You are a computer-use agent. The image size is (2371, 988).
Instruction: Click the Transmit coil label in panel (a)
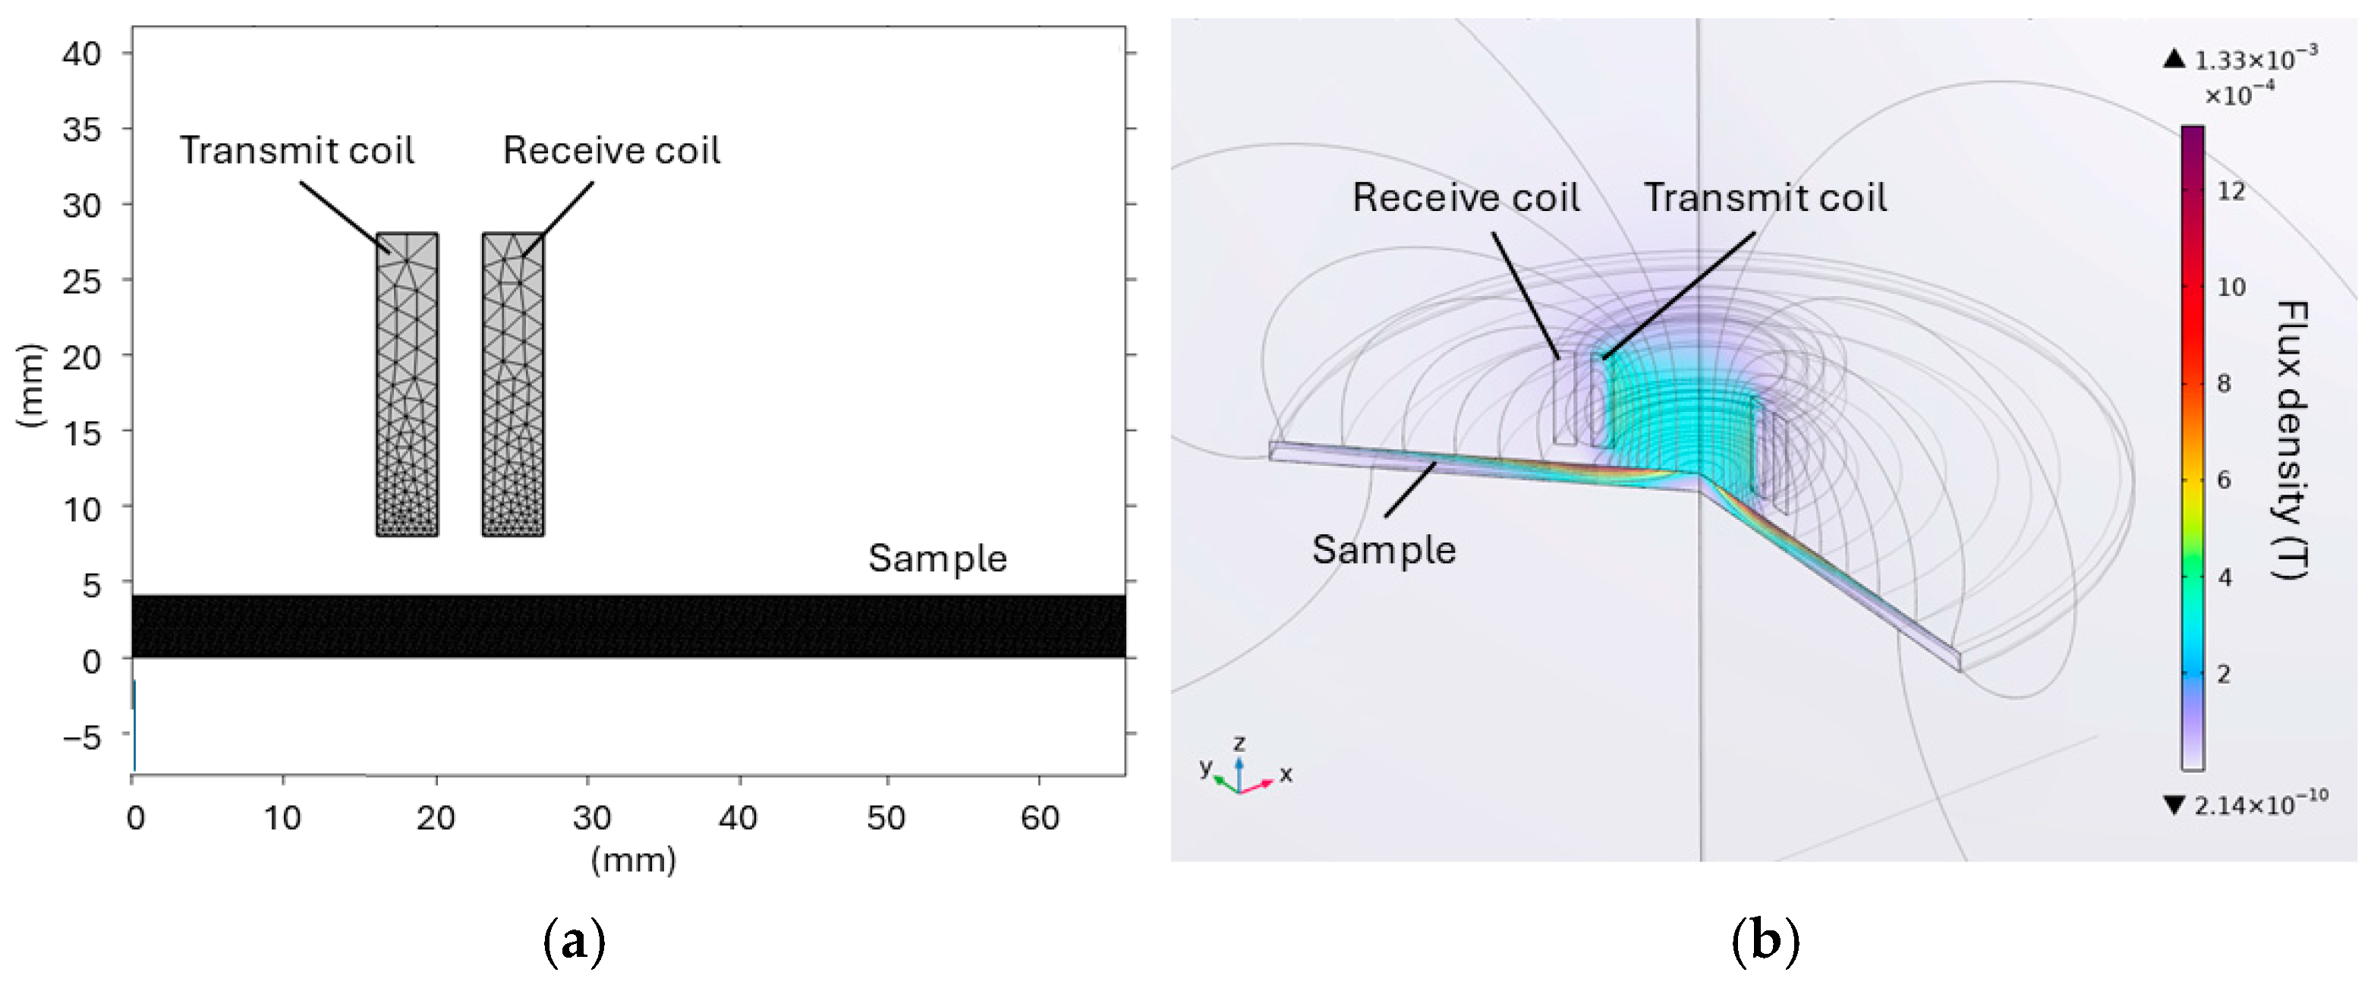coord(296,151)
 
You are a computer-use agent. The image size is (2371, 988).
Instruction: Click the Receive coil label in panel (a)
coord(611,151)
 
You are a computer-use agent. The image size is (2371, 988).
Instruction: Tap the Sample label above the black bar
coord(937,559)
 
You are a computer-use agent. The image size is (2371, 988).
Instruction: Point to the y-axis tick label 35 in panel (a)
coord(82,130)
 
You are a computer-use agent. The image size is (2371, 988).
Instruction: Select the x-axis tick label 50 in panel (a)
coord(886,817)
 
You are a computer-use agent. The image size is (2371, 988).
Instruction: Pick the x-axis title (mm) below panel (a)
coord(633,860)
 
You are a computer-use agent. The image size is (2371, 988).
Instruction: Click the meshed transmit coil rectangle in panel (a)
coord(407,384)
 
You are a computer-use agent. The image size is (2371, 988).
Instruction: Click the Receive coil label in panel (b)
coord(1466,198)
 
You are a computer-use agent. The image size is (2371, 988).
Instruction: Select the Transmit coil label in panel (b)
coord(1765,198)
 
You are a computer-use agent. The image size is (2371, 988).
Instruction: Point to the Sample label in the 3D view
coord(1384,550)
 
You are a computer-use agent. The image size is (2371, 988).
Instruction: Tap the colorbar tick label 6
coord(2224,480)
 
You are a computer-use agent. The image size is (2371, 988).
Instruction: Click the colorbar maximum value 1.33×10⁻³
coord(2255,61)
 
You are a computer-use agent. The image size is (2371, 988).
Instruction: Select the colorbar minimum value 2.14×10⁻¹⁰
coord(2259,805)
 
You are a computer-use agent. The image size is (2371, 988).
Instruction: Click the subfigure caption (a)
coord(575,942)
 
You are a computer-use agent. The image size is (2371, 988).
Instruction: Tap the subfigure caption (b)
coord(1765,942)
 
